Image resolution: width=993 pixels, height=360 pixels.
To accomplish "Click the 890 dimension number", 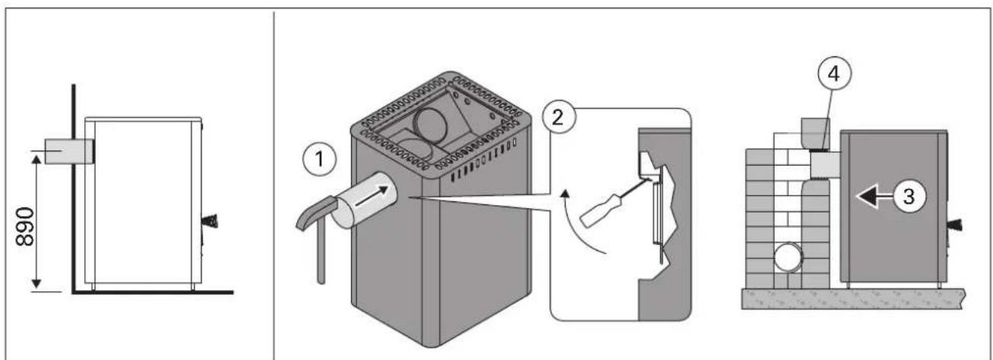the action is tap(25, 226).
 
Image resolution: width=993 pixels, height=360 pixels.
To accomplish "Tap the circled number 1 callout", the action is tap(319, 159).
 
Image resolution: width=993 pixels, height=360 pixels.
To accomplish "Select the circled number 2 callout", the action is tap(558, 118).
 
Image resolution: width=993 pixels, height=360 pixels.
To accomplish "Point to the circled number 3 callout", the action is tap(909, 196).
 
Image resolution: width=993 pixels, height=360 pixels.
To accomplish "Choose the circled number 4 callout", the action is tap(834, 74).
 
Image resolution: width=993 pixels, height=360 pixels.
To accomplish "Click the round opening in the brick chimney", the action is tap(788, 257).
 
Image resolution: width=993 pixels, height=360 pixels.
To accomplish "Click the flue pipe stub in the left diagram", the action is tap(68, 151).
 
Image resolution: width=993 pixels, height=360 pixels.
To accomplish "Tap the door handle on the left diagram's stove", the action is tap(210, 221).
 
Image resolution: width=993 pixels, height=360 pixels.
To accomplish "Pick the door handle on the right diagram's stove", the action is tap(956, 226).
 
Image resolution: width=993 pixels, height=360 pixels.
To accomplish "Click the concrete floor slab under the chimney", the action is tap(853, 298).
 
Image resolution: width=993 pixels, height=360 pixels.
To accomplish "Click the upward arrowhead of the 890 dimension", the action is tap(36, 159).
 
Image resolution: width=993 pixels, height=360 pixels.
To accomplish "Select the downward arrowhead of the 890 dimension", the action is tap(36, 283).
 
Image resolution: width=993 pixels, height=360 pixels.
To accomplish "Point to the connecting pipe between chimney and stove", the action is tap(824, 165).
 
